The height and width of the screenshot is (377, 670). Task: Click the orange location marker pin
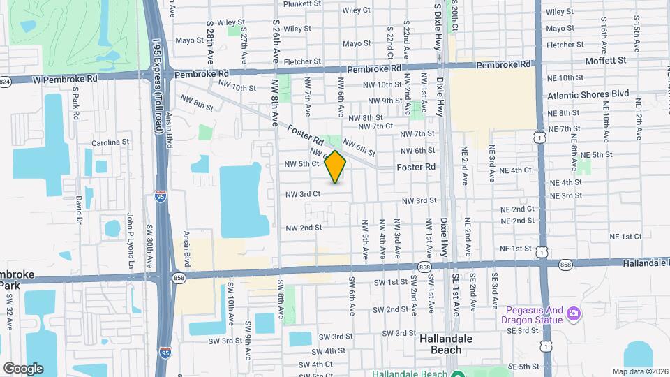(x=336, y=166)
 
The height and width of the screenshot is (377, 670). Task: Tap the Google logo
(x=23, y=368)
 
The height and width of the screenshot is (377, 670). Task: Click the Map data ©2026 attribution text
(x=639, y=371)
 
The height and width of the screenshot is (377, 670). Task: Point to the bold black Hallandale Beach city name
(x=440, y=343)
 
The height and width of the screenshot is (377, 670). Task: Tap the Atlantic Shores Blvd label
(x=588, y=94)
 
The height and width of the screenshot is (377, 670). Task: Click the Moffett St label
(x=606, y=61)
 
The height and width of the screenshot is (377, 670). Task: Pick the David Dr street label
(x=80, y=209)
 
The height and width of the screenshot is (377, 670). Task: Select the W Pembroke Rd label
(x=64, y=78)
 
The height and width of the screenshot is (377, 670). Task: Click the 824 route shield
(x=5, y=81)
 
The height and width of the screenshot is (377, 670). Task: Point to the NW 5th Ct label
(x=301, y=164)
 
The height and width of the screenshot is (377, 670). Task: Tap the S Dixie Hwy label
(x=438, y=27)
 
